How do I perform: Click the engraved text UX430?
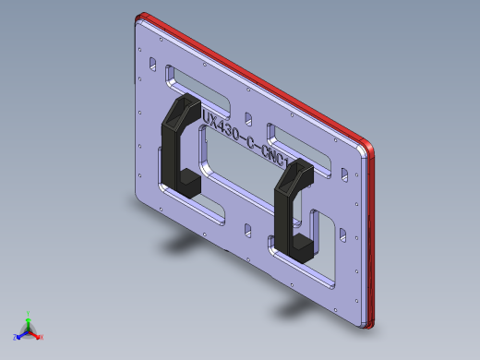click(221, 125)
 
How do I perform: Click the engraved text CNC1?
click(277, 154)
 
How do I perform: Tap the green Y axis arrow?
click(28, 317)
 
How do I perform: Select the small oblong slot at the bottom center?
click(246, 227)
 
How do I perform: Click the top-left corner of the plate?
click(138, 21)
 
